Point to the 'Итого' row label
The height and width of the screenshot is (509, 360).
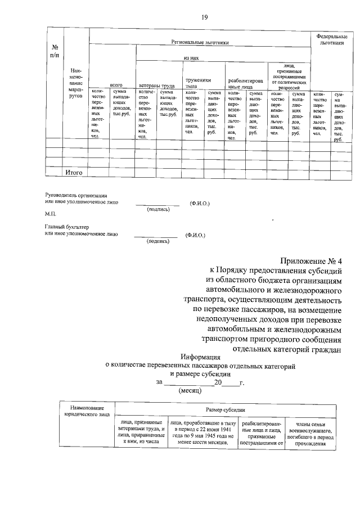pyautogui.click(x=74, y=173)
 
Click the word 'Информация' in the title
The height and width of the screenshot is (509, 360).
pyautogui.click(x=201, y=357)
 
